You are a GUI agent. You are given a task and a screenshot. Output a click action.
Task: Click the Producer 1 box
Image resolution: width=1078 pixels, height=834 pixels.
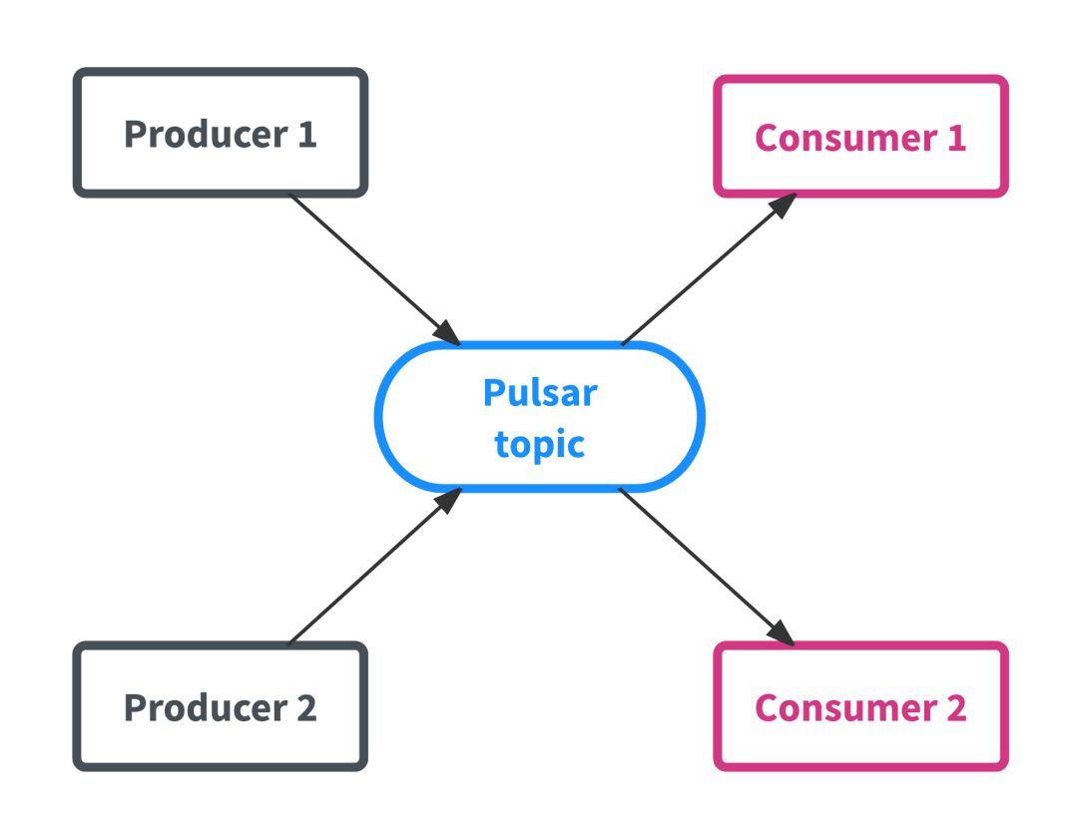[x=221, y=133]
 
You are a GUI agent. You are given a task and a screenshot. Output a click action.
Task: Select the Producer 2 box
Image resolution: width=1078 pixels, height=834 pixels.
[x=221, y=706]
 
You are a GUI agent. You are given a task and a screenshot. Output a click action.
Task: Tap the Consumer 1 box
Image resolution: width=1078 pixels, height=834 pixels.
[x=860, y=137]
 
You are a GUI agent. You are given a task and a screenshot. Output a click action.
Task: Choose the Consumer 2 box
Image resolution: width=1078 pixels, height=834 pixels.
[x=860, y=706]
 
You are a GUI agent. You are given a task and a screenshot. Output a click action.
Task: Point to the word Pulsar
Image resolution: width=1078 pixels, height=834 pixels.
[x=540, y=392]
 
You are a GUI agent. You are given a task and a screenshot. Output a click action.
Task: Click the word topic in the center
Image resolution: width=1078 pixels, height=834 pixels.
[x=540, y=444]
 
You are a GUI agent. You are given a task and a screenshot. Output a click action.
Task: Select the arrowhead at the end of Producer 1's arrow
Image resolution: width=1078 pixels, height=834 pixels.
[x=447, y=332]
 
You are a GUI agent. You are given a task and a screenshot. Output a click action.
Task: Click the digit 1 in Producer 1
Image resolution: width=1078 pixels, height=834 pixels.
[x=306, y=134]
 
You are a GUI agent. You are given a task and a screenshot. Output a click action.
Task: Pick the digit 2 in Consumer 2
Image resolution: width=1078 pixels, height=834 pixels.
[x=954, y=707]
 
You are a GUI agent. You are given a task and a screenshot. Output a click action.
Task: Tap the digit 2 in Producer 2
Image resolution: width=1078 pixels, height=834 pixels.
[x=304, y=707]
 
